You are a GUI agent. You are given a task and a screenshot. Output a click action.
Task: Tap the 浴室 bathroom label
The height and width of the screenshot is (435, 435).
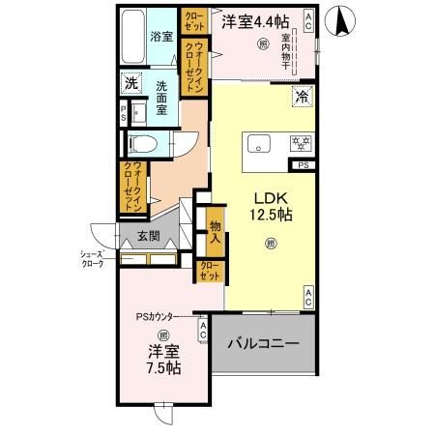click(161, 37)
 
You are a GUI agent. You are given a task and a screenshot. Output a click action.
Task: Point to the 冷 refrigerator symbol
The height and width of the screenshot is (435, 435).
click(302, 96)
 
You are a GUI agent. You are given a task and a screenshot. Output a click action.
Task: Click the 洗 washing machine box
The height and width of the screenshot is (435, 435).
click(131, 84)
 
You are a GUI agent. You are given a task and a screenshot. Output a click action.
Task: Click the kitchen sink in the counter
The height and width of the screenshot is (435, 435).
click(259, 145)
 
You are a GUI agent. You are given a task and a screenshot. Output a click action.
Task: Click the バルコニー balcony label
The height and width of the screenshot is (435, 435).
click(263, 344)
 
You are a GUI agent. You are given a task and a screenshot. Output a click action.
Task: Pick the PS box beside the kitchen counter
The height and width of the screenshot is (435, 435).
click(304, 166)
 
